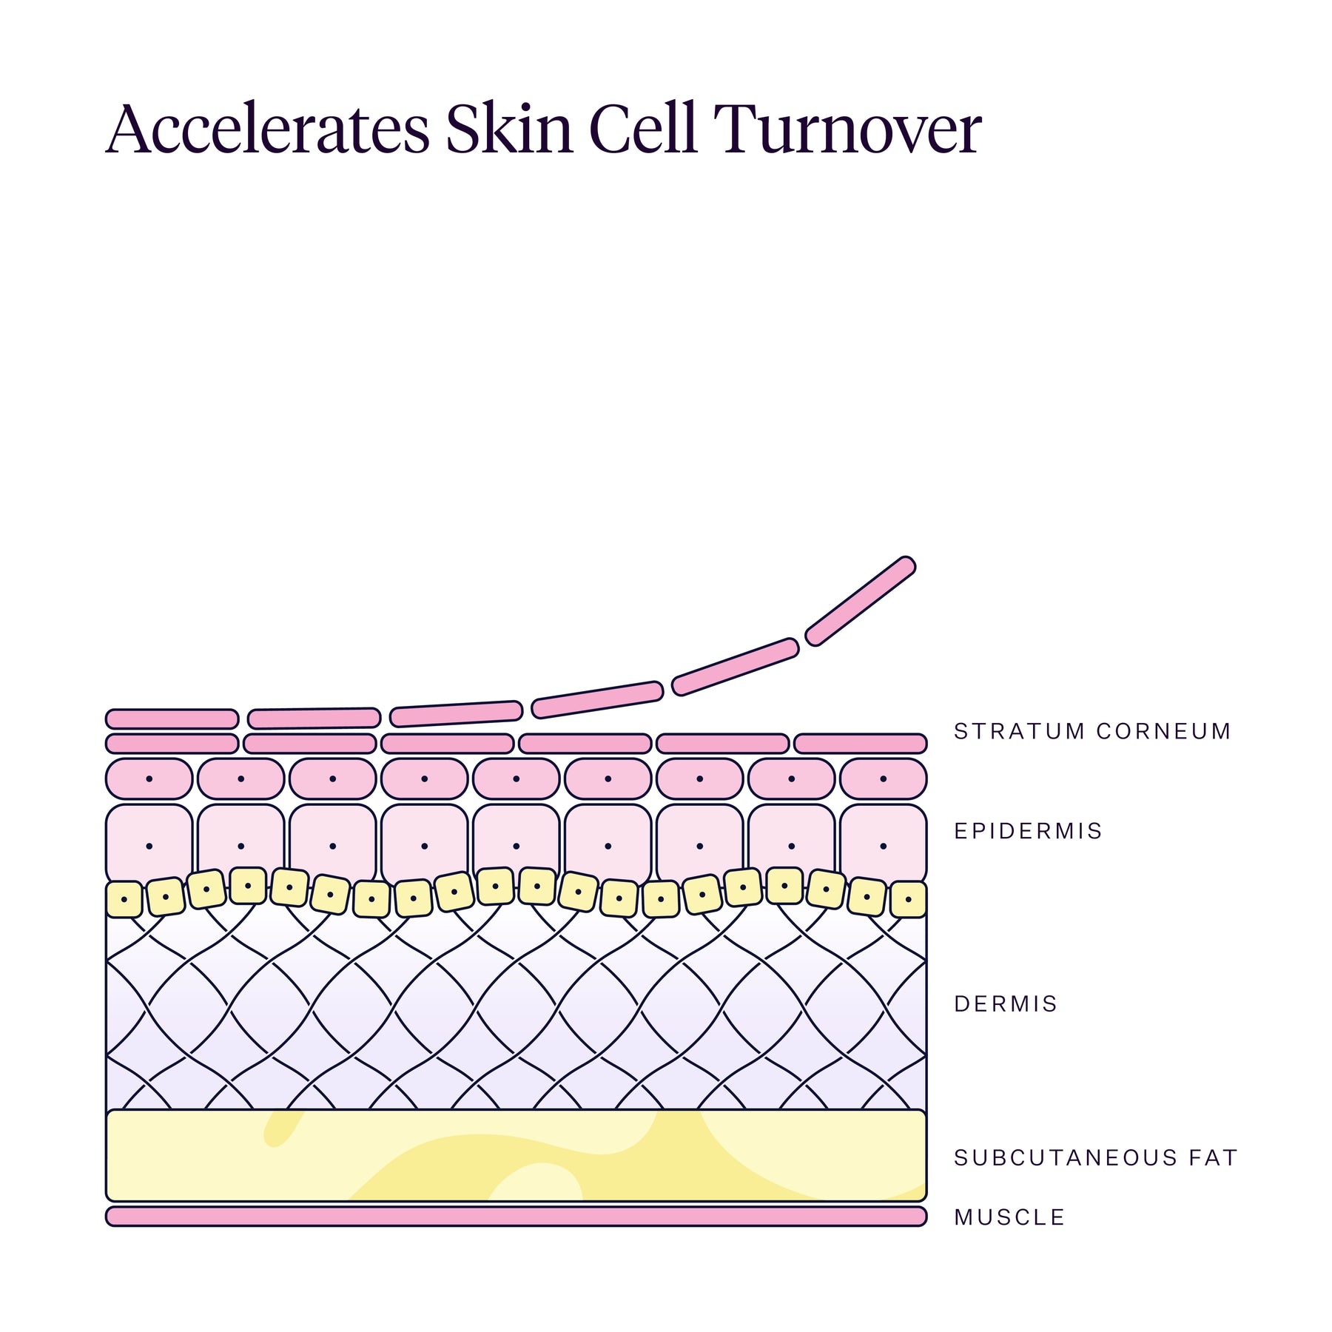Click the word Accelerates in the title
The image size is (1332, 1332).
click(x=268, y=129)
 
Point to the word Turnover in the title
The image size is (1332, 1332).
click(x=848, y=129)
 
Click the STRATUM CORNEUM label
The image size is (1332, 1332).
click(x=1092, y=731)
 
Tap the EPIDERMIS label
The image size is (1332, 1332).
click(x=1028, y=831)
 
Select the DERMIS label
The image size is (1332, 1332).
click(x=1006, y=1004)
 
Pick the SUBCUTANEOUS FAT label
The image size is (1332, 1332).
click(x=1095, y=1157)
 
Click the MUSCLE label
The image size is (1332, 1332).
click(x=1009, y=1217)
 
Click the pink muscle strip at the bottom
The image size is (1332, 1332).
click(x=516, y=1217)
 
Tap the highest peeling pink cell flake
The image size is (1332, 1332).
click(x=860, y=601)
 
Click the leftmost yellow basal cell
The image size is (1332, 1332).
click(x=124, y=899)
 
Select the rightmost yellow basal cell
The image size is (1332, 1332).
click(x=908, y=899)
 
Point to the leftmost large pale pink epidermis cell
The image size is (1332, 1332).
click(x=149, y=844)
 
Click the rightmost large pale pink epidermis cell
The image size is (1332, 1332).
click(x=883, y=844)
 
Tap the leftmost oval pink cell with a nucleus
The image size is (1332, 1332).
click(x=149, y=778)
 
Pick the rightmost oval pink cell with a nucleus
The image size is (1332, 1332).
click(x=883, y=778)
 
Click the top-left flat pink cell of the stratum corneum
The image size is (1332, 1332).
click(x=172, y=719)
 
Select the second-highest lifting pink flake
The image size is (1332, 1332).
click(x=736, y=667)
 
